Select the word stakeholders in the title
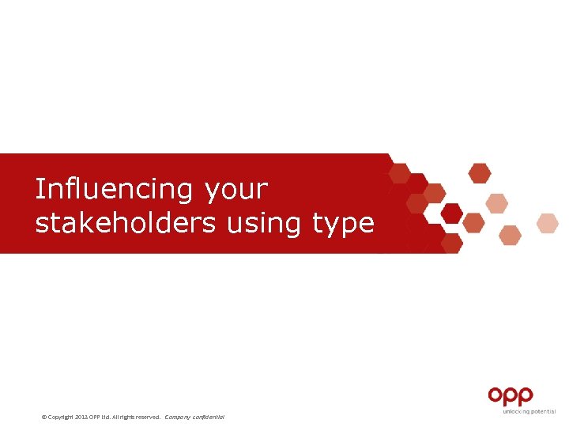(x=125, y=223)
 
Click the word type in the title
(x=343, y=225)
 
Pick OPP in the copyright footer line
(x=95, y=417)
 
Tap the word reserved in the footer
(x=148, y=417)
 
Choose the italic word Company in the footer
(x=178, y=417)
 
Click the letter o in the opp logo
(x=496, y=395)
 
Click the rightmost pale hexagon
(x=548, y=223)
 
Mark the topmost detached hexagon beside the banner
(x=480, y=172)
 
